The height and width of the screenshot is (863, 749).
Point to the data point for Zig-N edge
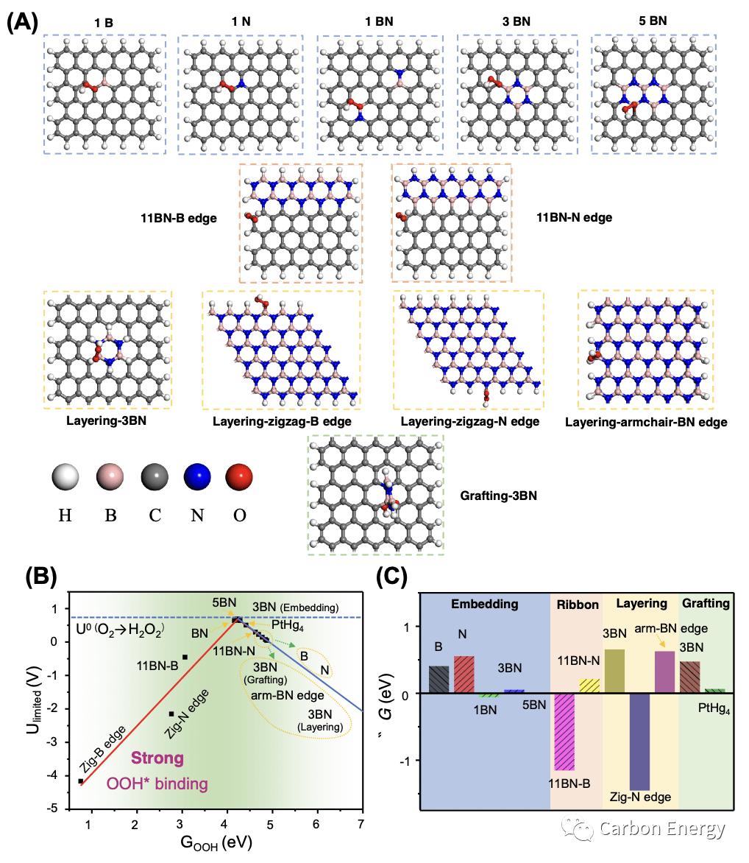point(171,714)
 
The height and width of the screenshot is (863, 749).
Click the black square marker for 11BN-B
point(185,657)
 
